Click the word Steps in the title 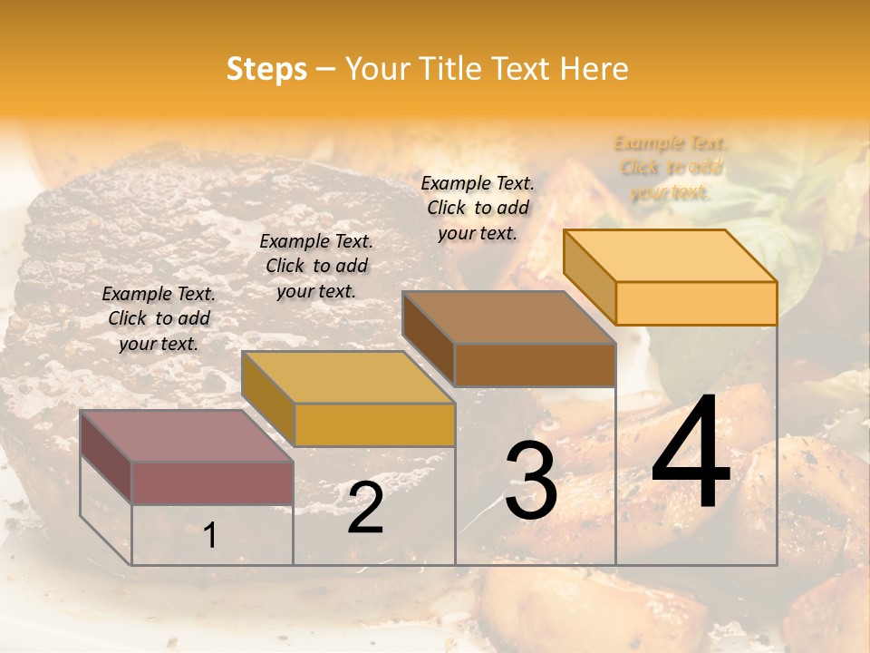(x=266, y=69)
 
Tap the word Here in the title (x=594, y=69)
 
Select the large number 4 (x=691, y=453)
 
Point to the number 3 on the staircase (x=531, y=480)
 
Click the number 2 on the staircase (x=365, y=509)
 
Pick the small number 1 (x=209, y=536)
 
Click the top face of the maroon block (x=186, y=436)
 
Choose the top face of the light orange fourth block (x=670, y=256)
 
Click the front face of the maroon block (x=212, y=482)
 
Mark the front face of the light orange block (x=696, y=303)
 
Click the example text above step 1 (x=159, y=318)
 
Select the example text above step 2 (x=316, y=266)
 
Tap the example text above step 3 (x=478, y=208)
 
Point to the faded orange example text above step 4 (x=670, y=168)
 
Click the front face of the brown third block (x=535, y=365)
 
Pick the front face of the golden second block (x=374, y=424)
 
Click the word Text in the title (x=521, y=69)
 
